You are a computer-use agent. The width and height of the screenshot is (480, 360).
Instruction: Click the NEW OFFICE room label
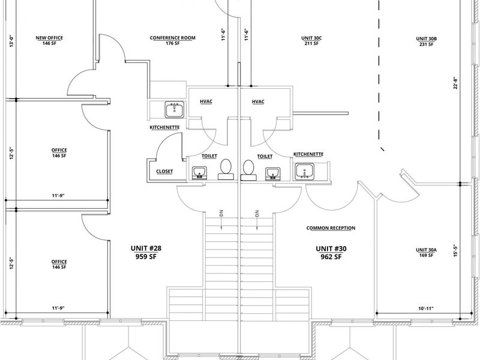coord(49,40)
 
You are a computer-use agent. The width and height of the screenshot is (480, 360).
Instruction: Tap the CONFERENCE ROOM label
coord(173,40)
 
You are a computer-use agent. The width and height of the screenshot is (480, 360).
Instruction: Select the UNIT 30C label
coord(311,40)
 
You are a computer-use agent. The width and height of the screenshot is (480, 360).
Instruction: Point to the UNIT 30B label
coord(427,41)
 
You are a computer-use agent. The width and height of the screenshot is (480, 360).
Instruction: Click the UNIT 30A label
coord(427,252)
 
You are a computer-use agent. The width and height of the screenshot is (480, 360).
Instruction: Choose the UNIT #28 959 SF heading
coord(146,252)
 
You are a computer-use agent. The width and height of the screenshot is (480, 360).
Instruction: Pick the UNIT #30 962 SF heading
coord(331,253)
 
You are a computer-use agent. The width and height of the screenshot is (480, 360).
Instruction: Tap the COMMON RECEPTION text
coord(331,228)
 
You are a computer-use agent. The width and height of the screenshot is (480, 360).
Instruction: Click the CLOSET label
coord(164,172)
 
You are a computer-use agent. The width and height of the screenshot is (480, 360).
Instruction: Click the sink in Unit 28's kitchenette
coord(175,110)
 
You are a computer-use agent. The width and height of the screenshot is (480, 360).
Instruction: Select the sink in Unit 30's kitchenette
coord(304,172)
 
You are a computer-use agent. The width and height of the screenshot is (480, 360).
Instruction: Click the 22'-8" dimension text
coord(456,83)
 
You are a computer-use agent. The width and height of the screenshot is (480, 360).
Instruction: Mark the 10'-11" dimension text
coord(426,308)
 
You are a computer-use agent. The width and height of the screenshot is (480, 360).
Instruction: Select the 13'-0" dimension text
coord(12,41)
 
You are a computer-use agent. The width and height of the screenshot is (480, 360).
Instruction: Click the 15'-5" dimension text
coord(456,250)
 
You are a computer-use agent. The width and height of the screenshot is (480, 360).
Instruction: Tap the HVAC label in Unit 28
coord(206,101)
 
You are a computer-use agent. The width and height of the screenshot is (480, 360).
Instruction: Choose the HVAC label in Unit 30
coord(258,101)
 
